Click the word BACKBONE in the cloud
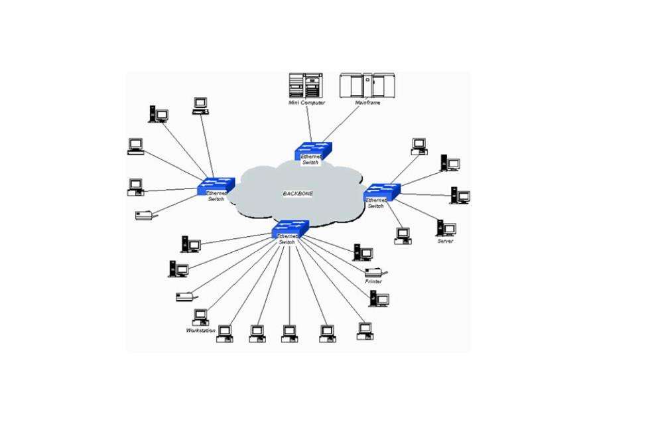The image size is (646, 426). click(x=298, y=194)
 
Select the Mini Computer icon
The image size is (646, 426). click(x=306, y=86)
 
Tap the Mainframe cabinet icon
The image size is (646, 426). click(x=362, y=86)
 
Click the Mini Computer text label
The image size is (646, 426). click(x=306, y=103)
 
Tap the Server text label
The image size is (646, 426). click(x=445, y=241)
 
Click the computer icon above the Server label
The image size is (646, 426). click(x=445, y=228)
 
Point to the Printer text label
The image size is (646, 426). click(x=373, y=281)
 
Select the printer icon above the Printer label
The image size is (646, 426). click(x=375, y=271)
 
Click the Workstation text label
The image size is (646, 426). click(x=201, y=330)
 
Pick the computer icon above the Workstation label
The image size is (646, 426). click(x=200, y=317)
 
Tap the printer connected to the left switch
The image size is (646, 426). click(x=145, y=215)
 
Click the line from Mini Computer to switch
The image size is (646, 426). click(x=309, y=124)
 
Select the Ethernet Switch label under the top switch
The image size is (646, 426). click(x=310, y=159)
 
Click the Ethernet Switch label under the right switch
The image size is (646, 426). click(x=376, y=202)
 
